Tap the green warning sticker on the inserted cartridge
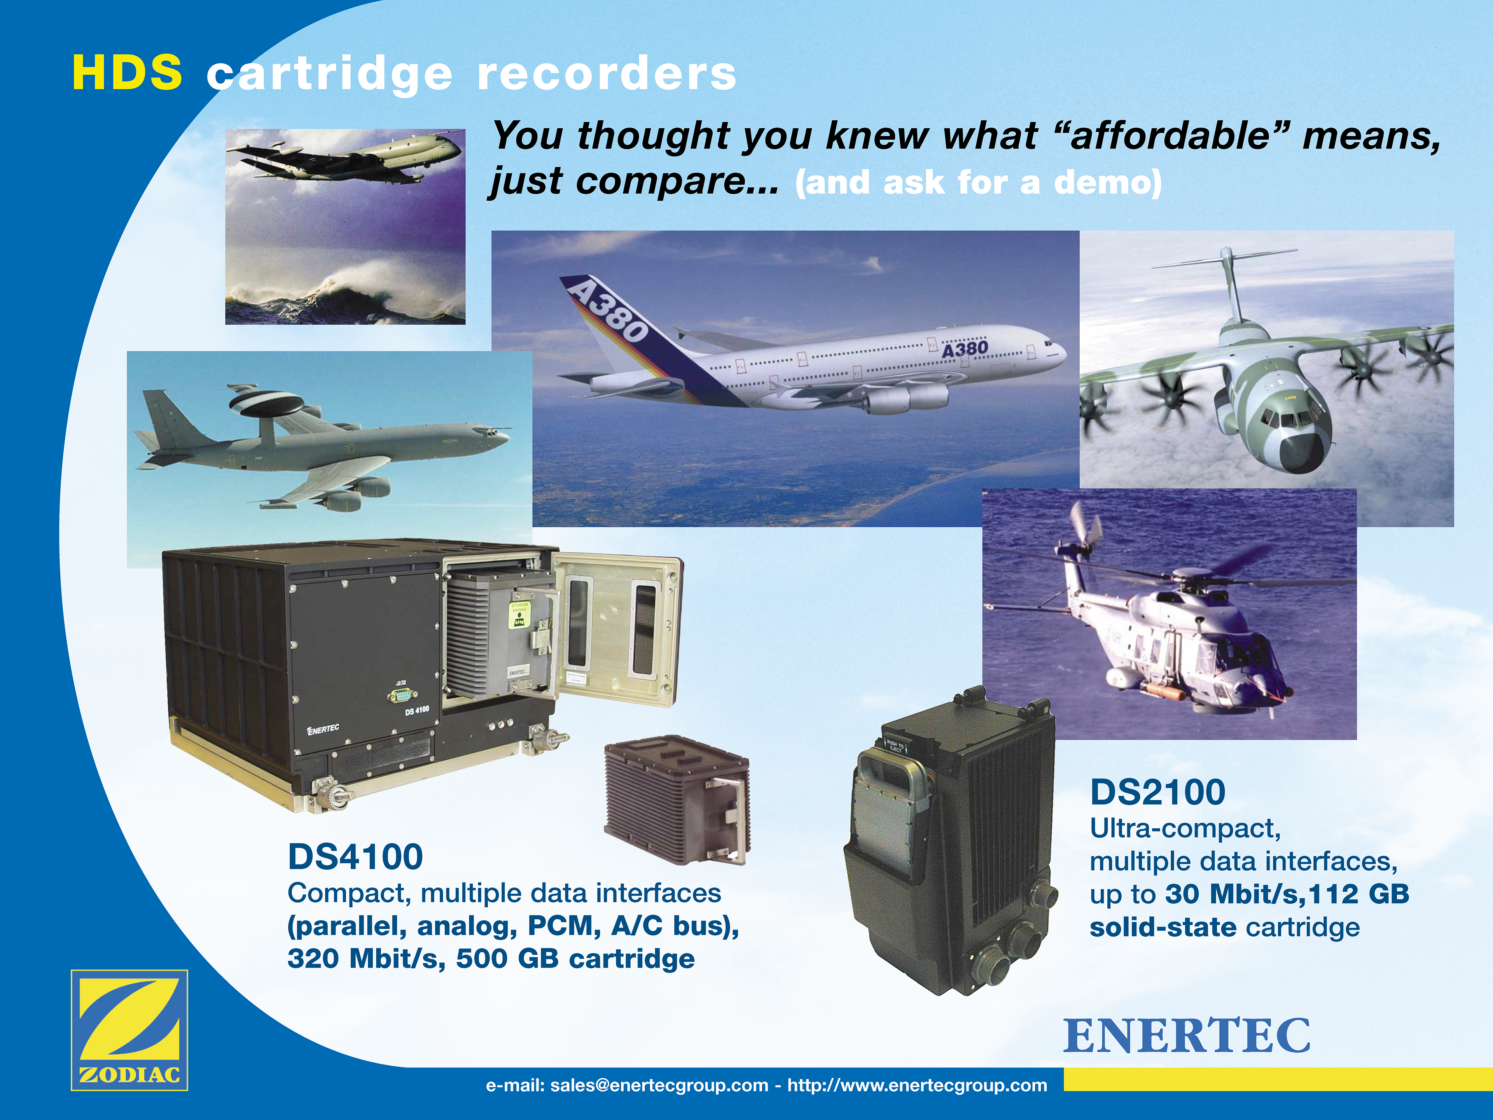(x=520, y=614)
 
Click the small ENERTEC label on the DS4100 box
(x=323, y=729)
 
